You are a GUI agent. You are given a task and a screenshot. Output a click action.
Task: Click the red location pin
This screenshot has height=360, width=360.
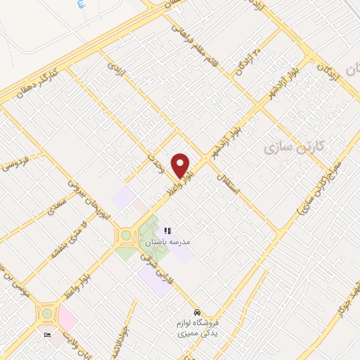coord(181,165)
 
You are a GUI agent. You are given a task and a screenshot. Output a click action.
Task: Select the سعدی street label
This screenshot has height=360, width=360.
coord(58,205)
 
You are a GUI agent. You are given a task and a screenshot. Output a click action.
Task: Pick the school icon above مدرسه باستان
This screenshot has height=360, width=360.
coord(168,231)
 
